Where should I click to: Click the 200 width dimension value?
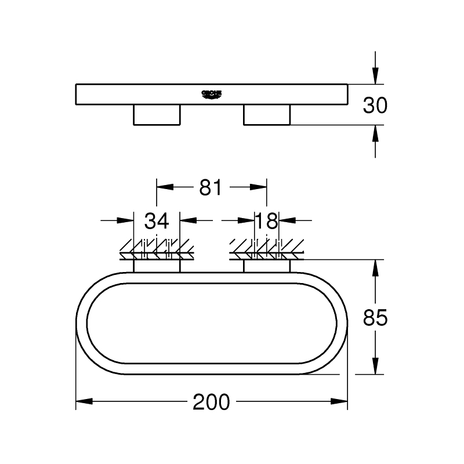pyautogui.click(x=211, y=402)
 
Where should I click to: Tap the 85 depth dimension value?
pyautogui.click(x=375, y=317)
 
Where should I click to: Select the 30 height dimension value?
pyautogui.click(x=375, y=105)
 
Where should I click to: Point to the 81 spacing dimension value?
pyautogui.click(x=211, y=187)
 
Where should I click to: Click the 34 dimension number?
pyautogui.click(x=157, y=220)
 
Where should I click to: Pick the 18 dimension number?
pyautogui.click(x=267, y=220)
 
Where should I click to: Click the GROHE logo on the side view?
pyautogui.click(x=212, y=94)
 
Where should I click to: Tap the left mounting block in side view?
pyautogui.click(x=157, y=115)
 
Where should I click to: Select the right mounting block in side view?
pyautogui.click(x=266, y=115)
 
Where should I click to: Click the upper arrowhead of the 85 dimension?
pyautogui.click(x=376, y=267)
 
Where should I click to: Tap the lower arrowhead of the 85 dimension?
pyautogui.click(x=376, y=366)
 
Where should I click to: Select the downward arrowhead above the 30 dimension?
pyautogui.click(x=376, y=76)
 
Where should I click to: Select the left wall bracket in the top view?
pyautogui.click(x=157, y=266)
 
